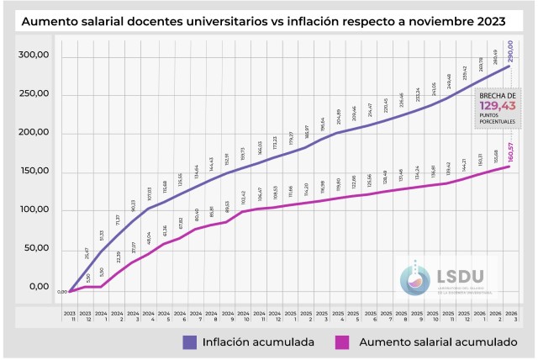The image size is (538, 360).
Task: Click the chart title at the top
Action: click(x=269, y=20)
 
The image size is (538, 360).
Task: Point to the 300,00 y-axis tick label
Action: click(x=34, y=56)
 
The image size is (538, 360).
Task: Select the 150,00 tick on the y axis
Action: click(x=34, y=172)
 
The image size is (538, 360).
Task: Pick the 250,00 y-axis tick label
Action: click(x=34, y=94)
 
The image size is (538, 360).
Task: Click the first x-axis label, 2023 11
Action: click(x=70, y=316)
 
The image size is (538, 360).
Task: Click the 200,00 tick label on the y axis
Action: click(x=34, y=133)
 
